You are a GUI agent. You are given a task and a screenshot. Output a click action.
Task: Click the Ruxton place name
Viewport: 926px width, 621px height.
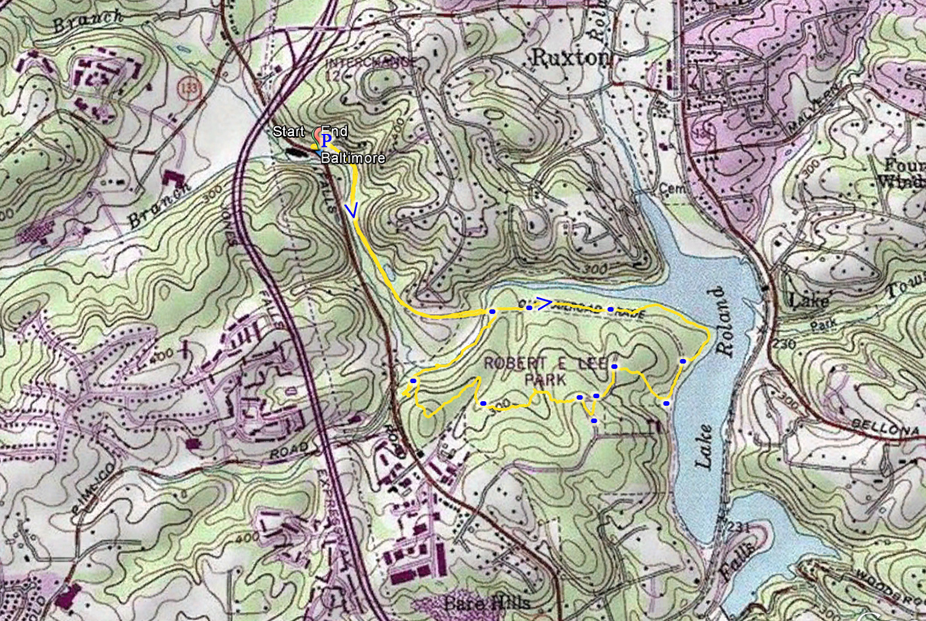point(570,57)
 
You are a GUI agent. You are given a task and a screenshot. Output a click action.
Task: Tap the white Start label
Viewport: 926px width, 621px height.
point(289,132)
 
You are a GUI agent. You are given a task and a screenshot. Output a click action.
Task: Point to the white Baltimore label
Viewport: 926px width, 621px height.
point(353,159)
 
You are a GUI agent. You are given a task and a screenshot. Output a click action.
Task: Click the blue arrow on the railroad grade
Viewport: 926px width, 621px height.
point(545,303)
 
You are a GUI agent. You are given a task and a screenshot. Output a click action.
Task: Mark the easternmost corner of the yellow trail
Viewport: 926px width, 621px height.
point(710,333)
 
